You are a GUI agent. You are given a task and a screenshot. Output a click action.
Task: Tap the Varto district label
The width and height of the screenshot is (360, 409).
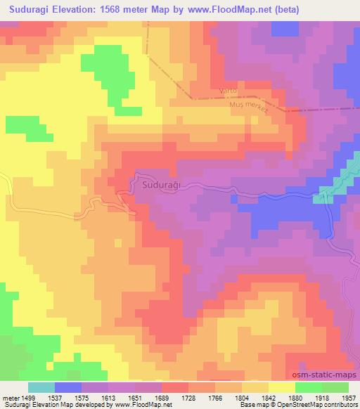[229, 91]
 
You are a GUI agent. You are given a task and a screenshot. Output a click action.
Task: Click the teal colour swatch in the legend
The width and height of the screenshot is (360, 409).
[41, 387]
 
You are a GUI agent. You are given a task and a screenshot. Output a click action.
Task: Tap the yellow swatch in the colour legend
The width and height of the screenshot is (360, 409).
[282, 387]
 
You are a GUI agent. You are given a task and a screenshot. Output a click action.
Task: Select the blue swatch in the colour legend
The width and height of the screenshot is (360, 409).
[68, 387]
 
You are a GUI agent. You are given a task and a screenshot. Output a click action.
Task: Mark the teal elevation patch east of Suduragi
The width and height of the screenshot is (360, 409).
[326, 195]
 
